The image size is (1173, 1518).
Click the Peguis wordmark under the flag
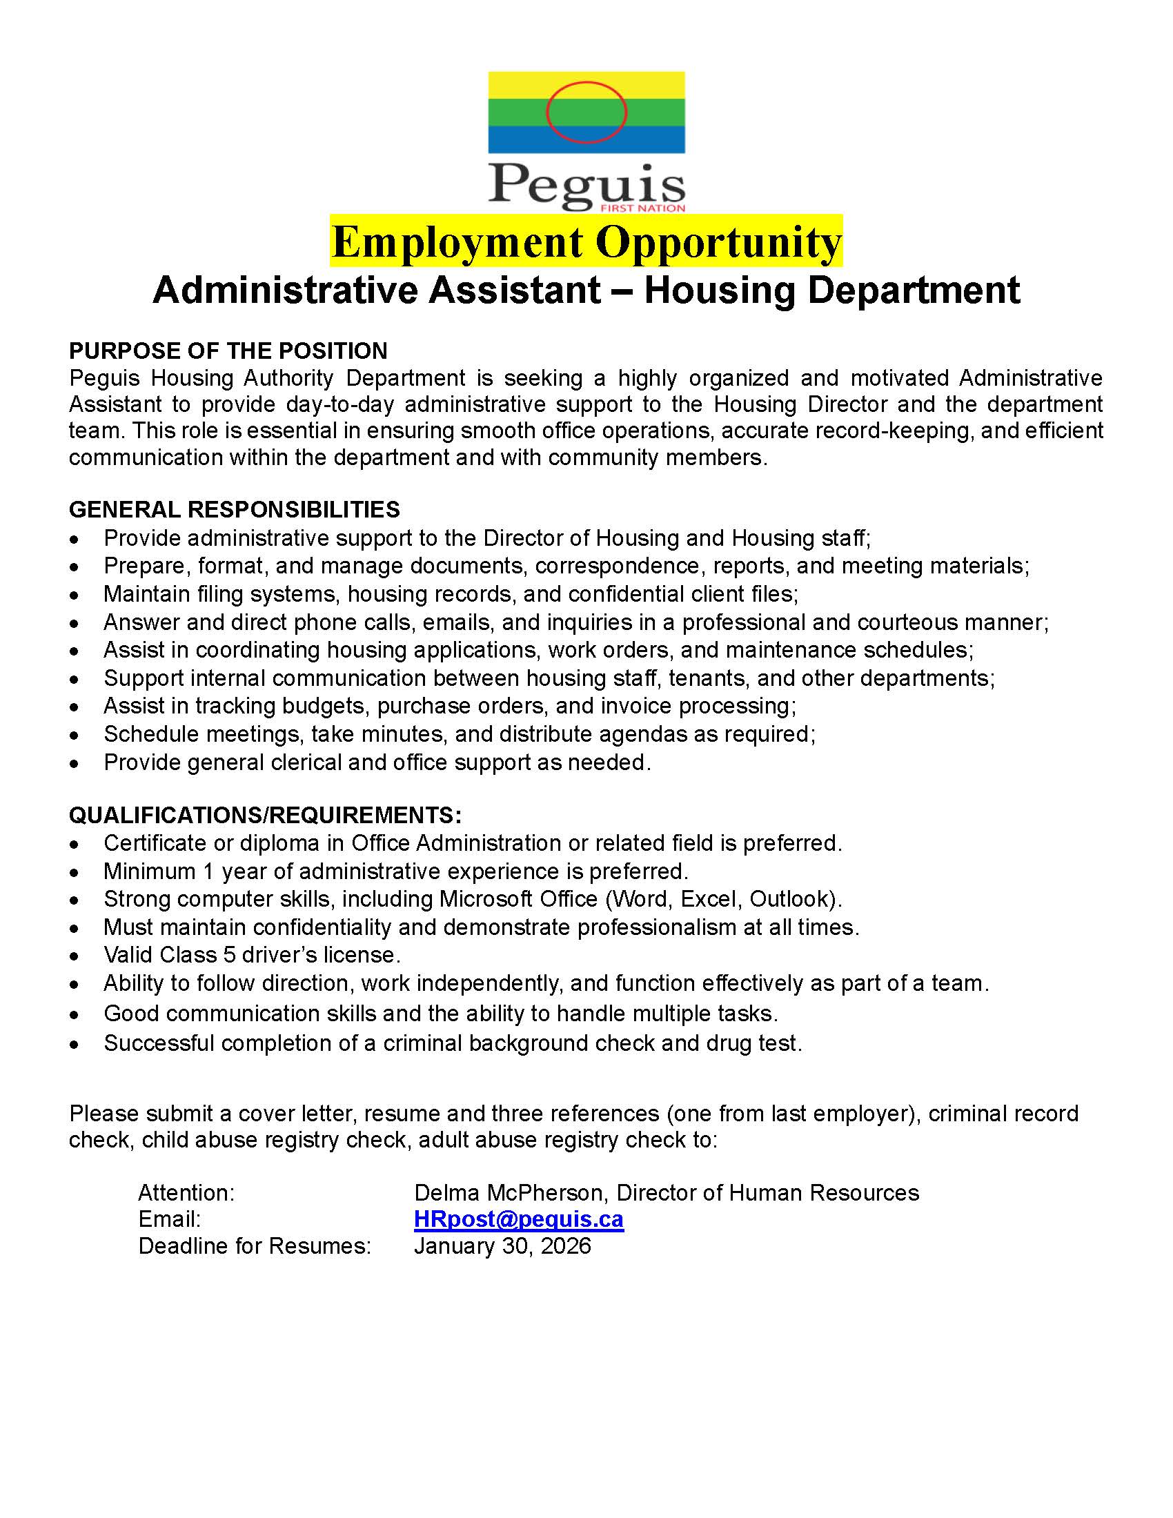point(586,184)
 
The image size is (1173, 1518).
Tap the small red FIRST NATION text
point(643,208)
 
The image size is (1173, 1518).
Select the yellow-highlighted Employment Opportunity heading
point(586,241)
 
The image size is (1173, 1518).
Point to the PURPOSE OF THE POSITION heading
point(228,351)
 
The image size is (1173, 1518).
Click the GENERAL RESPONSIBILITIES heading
point(234,509)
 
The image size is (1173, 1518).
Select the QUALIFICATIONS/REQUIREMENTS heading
point(265,815)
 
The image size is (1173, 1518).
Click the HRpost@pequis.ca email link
point(518,1219)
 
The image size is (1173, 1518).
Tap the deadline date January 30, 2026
point(502,1245)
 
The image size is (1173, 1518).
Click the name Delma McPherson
point(511,1193)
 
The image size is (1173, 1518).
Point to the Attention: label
point(186,1193)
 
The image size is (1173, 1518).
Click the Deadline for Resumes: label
point(255,1245)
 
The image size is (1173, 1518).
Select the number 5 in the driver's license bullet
point(229,954)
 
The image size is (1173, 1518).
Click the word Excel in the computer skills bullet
point(708,898)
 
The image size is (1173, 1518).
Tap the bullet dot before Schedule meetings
point(75,736)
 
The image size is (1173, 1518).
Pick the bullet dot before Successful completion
point(75,1044)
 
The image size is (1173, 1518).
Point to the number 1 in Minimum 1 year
point(208,871)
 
